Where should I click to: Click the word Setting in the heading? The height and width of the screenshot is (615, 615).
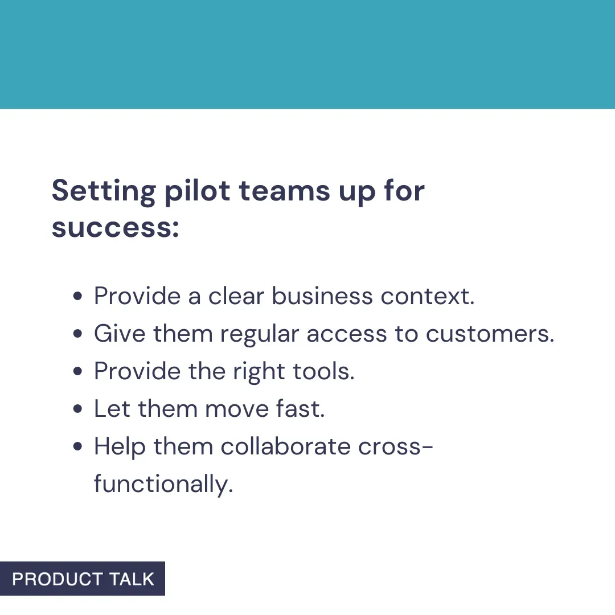(x=102, y=191)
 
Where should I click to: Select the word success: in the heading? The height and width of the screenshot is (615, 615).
(x=116, y=228)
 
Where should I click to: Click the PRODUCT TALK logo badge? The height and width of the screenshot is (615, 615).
(x=83, y=579)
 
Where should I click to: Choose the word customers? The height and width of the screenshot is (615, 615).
(x=490, y=334)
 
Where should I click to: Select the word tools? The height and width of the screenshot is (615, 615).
(x=323, y=371)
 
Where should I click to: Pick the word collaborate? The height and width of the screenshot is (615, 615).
(x=286, y=446)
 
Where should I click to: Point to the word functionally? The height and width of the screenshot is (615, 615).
(x=163, y=485)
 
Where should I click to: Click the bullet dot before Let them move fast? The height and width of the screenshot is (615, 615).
(x=79, y=409)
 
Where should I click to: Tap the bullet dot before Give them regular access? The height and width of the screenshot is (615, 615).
(x=79, y=334)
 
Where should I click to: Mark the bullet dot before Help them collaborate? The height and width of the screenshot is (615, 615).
(x=79, y=447)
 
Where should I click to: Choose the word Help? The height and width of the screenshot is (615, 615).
(x=120, y=447)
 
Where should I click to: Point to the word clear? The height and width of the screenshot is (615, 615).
(x=238, y=296)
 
